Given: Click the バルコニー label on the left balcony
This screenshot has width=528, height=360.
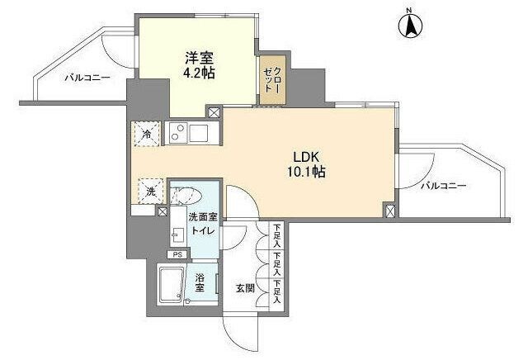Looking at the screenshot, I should point(86,78).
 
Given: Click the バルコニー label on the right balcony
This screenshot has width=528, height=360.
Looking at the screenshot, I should point(443,187).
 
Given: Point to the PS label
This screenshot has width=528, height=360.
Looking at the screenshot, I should point(177,255).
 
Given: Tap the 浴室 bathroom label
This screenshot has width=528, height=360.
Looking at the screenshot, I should point(200,287).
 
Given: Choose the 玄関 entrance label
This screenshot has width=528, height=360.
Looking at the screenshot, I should point(245,288).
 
